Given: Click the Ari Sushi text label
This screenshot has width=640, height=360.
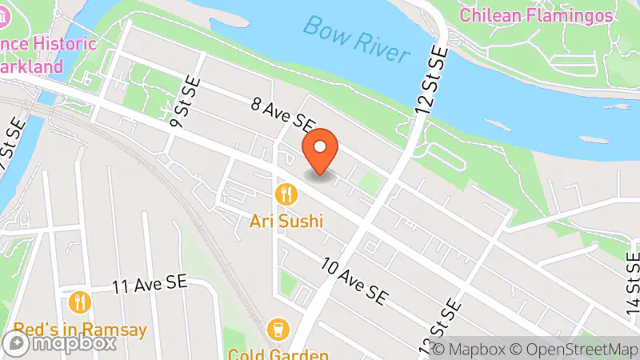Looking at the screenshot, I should click(x=286, y=220).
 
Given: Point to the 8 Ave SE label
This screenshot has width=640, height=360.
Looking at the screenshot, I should click(x=282, y=114).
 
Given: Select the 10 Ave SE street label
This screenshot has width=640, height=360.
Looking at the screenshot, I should click(x=354, y=281).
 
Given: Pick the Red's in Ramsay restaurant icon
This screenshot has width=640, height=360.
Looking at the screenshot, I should click(x=79, y=302).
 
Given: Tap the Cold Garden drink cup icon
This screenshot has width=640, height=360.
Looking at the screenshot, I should click(x=278, y=329).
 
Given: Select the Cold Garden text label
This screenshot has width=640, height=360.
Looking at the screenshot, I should click(x=278, y=354).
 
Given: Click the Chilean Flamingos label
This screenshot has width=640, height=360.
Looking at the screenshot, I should click(x=536, y=15).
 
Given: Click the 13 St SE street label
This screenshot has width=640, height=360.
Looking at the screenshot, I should click(x=440, y=328).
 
